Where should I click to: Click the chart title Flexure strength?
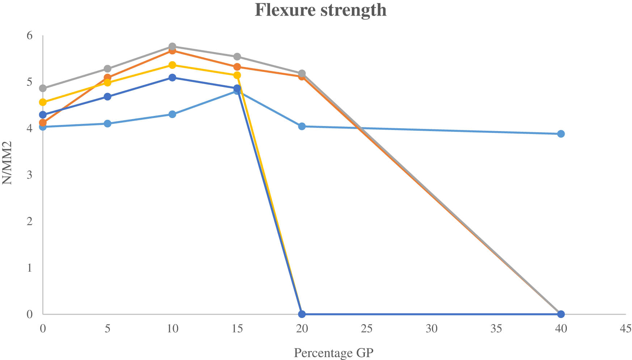coord(321,10)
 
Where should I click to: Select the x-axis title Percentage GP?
coord(333,352)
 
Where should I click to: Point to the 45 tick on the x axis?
coord(625,328)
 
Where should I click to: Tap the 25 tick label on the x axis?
coord(366,328)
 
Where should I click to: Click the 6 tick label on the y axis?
coord(29,35)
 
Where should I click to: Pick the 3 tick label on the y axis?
coord(29,175)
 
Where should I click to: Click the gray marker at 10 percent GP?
coord(172,47)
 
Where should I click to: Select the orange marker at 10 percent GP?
coord(172,51)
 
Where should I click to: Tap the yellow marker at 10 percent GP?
coord(172,65)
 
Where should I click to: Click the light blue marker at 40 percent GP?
coord(561,134)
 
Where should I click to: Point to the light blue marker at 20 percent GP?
coord(302,126)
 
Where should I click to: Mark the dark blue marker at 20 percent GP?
coord(302,314)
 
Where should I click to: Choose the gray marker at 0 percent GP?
coord(43,88)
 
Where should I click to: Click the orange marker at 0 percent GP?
coord(43,123)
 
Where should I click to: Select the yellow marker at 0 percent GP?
coord(43,102)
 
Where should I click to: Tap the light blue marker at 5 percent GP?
coord(108,124)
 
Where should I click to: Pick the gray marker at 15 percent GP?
coord(237,56)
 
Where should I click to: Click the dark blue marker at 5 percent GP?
coord(108,97)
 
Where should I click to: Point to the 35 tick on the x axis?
coord(496,328)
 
